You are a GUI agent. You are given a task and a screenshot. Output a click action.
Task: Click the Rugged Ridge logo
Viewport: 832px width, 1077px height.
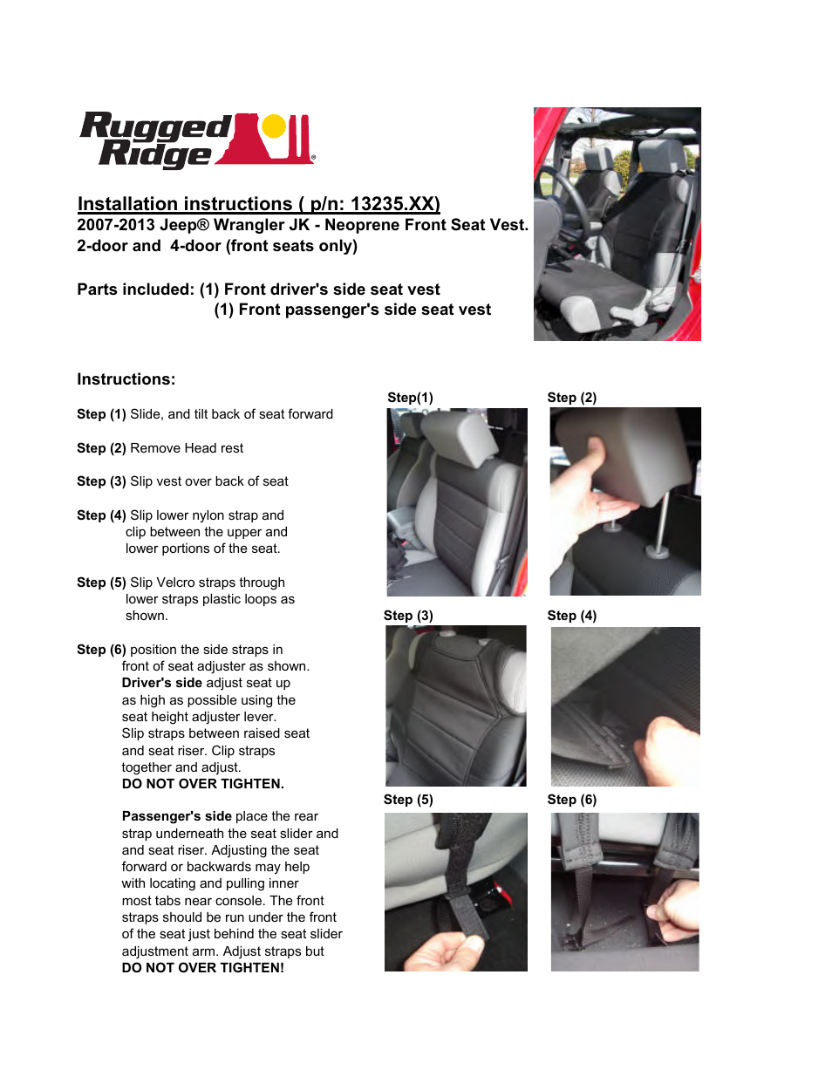(x=196, y=140)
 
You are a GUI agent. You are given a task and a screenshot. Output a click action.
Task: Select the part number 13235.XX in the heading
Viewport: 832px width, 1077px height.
(x=394, y=204)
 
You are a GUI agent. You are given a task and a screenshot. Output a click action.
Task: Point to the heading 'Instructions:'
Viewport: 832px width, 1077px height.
(x=126, y=379)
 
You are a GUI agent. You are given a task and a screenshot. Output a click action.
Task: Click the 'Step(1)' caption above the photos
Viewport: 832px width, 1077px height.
(x=410, y=398)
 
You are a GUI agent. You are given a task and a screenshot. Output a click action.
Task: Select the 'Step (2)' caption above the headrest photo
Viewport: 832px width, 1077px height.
(x=572, y=398)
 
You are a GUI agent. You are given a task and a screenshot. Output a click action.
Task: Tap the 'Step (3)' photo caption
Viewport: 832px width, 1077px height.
(x=408, y=616)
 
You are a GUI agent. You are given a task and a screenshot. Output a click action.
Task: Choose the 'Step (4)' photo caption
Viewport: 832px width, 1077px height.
(x=572, y=616)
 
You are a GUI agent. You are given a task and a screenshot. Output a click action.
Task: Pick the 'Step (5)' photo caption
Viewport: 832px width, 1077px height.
(x=408, y=800)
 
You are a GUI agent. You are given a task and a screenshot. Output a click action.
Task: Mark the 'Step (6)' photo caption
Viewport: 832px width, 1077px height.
(x=572, y=800)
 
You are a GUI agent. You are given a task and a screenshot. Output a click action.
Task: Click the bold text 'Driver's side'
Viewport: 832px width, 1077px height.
(x=162, y=683)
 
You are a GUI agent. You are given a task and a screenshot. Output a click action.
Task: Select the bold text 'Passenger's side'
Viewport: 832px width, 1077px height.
(x=176, y=816)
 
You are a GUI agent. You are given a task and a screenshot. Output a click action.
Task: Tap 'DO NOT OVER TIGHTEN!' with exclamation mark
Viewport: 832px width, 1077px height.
(x=203, y=968)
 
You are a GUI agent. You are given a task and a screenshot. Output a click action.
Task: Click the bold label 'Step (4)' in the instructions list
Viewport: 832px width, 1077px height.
(x=101, y=515)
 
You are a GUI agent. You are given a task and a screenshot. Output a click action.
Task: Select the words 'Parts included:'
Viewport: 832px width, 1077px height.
(x=135, y=290)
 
